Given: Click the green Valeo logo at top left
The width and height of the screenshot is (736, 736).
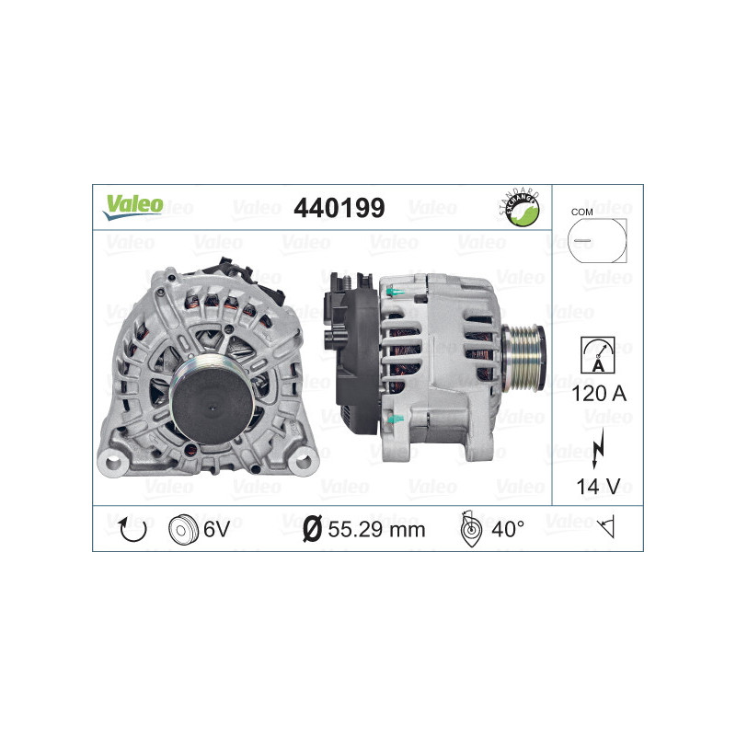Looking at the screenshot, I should coord(132,207).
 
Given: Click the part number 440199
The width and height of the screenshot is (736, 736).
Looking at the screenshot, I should coord(339,209).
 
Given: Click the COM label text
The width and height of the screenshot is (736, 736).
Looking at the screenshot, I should coord(581,212).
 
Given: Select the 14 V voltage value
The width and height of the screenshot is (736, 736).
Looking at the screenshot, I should coord(597,487).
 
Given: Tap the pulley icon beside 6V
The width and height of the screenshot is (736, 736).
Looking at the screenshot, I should coord(184,528).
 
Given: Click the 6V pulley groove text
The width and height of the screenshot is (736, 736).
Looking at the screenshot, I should coord(216,528).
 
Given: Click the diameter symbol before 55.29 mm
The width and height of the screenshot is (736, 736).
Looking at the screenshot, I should coord(312,528).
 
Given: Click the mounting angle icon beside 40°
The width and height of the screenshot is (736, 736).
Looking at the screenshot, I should coord(469,528).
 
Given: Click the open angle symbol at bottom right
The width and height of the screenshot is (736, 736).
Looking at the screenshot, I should coord(604,528).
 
